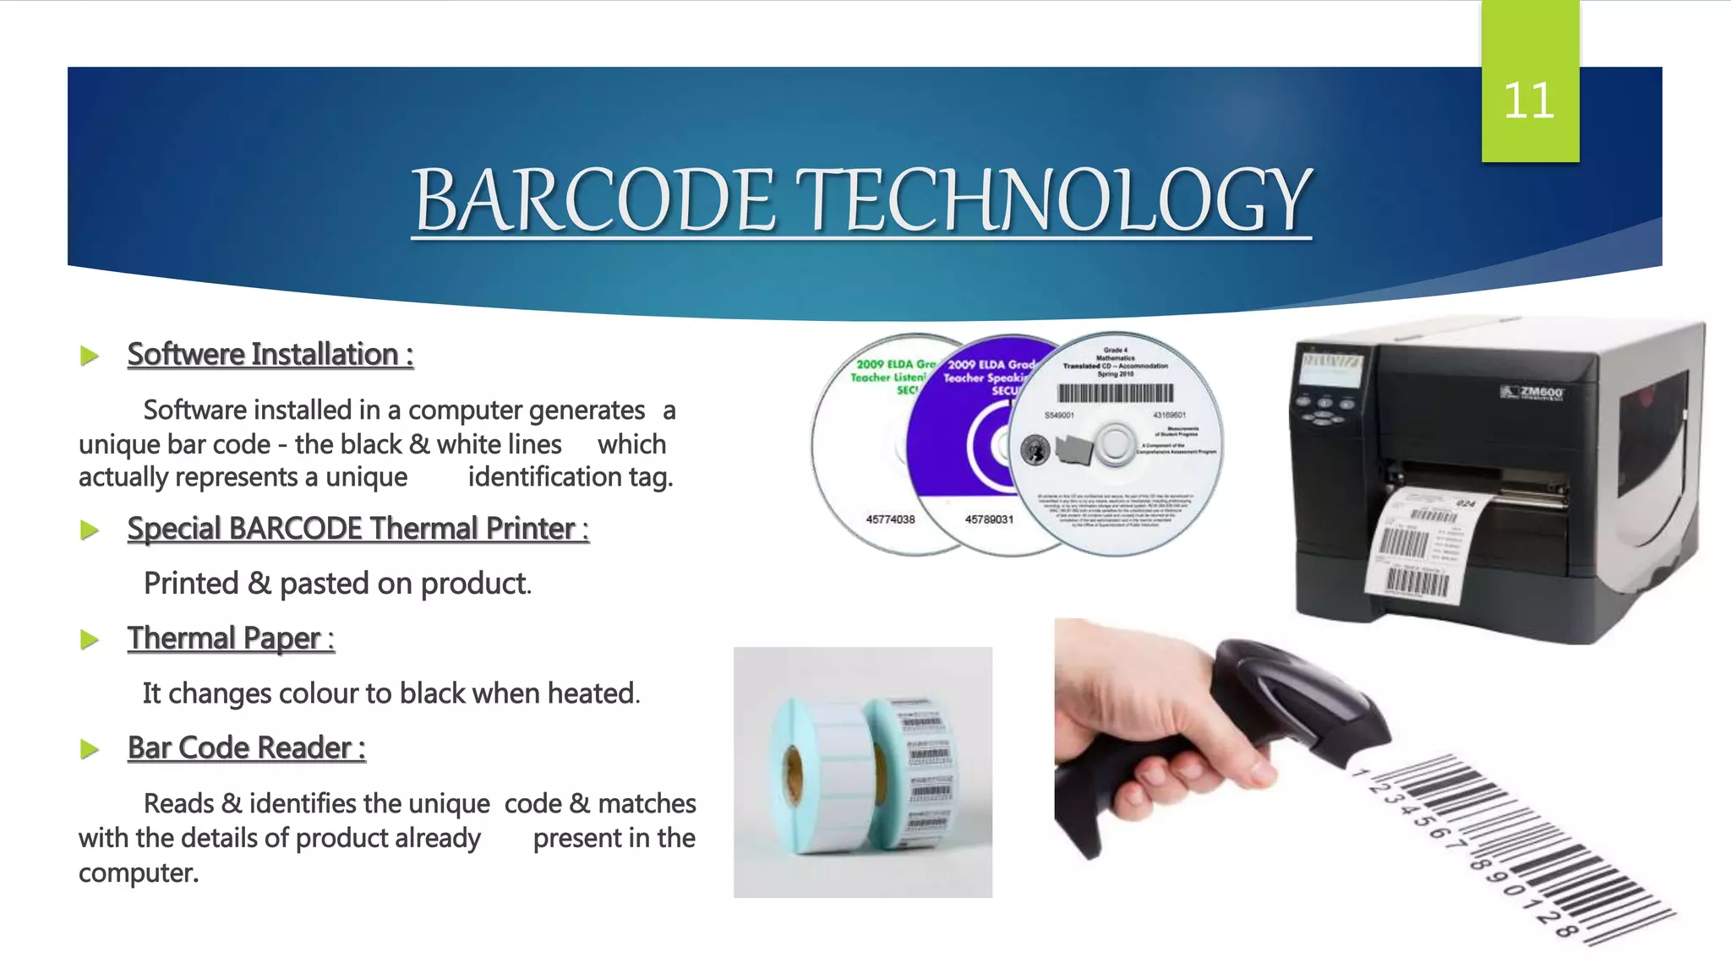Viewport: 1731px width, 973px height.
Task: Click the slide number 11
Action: pos(1529,101)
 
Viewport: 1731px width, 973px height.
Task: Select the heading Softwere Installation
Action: pos(270,354)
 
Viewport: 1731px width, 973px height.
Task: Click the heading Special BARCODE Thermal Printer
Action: pos(358,529)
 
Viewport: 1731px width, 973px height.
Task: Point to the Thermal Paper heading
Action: pos(231,639)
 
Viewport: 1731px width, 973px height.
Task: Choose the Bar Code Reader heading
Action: pos(246,748)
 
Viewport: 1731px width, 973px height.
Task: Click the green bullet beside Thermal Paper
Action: pos(89,639)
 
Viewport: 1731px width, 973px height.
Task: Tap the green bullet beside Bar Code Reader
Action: pos(89,749)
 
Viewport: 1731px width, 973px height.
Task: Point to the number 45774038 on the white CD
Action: pos(890,519)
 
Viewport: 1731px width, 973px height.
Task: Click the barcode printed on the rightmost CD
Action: pos(1116,393)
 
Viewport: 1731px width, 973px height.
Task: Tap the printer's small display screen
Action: pos(1331,370)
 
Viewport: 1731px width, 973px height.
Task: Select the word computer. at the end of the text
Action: pos(139,872)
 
